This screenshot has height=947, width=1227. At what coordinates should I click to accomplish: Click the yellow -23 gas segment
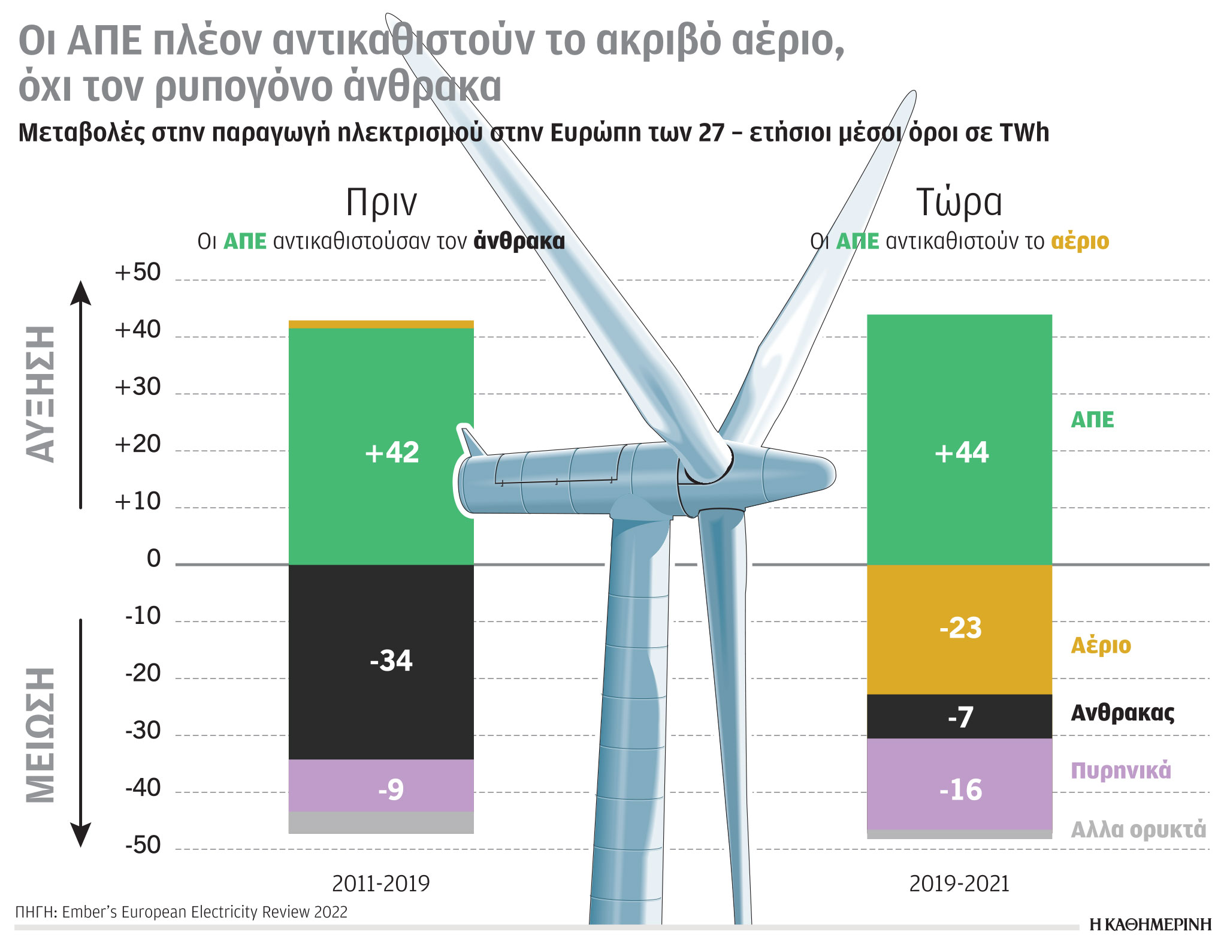click(959, 629)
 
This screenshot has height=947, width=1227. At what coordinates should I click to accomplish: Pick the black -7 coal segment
click(959, 716)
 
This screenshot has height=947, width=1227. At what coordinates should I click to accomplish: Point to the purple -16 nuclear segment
click(959, 785)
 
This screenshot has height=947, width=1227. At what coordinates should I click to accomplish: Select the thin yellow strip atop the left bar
click(381, 324)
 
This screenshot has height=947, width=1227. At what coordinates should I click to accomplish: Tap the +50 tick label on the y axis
click(138, 273)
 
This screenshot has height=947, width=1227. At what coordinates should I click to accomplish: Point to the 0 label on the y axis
click(154, 559)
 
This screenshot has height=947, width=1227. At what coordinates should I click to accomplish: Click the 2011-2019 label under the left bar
click(381, 883)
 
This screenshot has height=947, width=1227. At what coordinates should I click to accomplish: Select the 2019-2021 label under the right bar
click(959, 883)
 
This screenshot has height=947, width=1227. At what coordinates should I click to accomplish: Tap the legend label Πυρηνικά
click(1120, 771)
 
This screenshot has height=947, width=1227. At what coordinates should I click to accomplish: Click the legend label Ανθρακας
click(1122, 713)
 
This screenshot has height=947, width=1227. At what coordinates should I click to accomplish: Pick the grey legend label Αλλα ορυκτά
click(1138, 830)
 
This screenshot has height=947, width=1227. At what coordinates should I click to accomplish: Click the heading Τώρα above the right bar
click(959, 202)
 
